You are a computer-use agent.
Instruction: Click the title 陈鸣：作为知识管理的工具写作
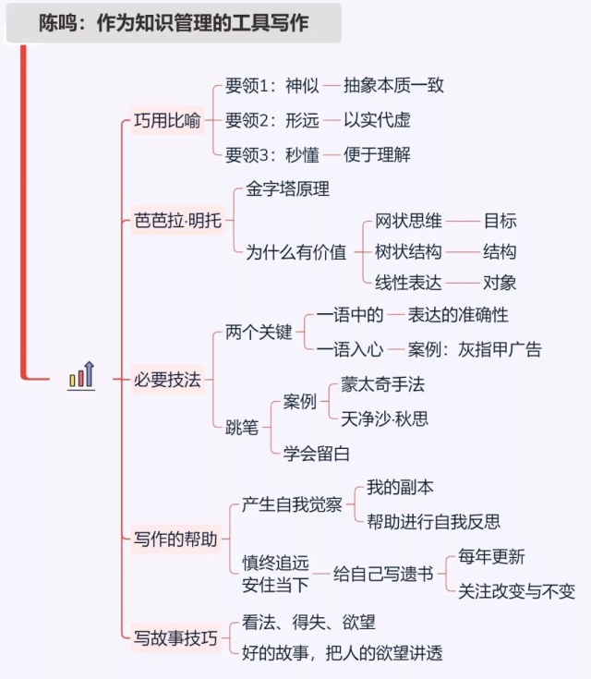click(174, 23)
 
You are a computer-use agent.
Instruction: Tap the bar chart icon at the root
click(81, 376)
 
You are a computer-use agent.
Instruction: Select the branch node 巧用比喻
click(167, 121)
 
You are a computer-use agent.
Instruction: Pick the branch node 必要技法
click(167, 379)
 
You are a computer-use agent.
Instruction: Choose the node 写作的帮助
click(175, 539)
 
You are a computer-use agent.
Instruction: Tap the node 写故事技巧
click(175, 637)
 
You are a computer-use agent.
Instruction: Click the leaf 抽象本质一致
click(393, 86)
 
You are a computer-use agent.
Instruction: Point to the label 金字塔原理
click(288, 188)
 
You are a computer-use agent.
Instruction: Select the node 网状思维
click(408, 221)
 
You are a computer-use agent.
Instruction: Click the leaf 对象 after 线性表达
click(500, 283)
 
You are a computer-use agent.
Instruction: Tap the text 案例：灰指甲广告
click(475, 349)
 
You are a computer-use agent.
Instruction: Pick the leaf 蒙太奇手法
click(382, 384)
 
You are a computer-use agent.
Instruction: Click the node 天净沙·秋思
click(384, 418)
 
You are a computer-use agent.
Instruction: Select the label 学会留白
click(317, 454)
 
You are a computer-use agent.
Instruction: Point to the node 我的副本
click(400, 487)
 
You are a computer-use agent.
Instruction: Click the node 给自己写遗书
click(383, 574)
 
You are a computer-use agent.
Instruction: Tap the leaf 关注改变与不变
click(516, 591)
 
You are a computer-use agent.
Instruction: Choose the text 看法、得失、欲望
click(308, 623)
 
